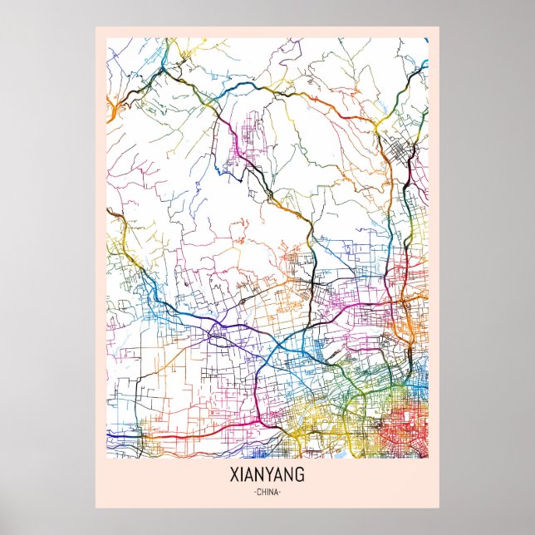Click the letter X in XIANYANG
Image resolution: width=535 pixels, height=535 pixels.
tap(232, 475)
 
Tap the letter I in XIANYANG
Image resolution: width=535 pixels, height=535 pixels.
tap(240, 475)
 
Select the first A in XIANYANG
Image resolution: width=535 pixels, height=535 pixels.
tap(248, 475)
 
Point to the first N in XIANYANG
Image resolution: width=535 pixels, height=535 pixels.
tap(259, 475)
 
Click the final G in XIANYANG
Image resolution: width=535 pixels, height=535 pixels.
tap(301, 475)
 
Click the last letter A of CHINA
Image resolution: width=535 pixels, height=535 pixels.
tap(277, 493)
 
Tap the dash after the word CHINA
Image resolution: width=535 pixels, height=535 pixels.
tap(282, 493)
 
